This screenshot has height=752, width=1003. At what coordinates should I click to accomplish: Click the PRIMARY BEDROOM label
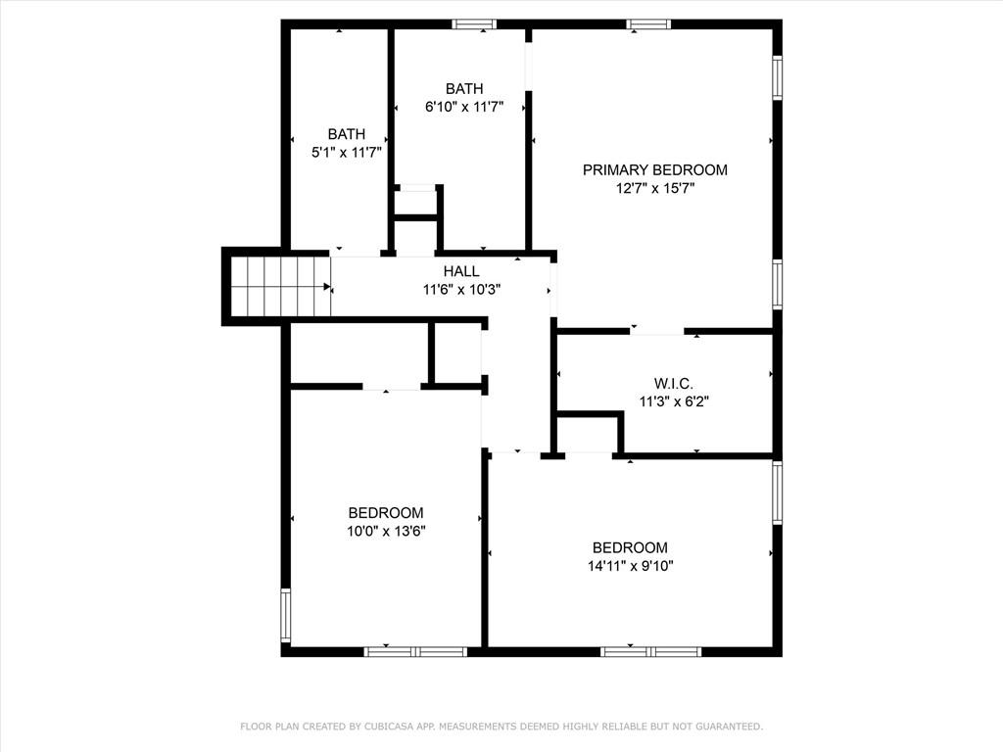[654, 170]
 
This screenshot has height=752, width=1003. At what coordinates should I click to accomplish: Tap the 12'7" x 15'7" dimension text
[654, 188]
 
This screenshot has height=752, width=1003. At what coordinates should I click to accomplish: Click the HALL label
[461, 271]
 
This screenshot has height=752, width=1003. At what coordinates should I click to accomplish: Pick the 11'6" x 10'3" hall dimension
[461, 289]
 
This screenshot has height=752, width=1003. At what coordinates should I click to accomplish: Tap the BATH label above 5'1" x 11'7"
[346, 134]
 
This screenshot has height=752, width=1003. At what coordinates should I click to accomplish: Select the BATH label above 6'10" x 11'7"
[463, 89]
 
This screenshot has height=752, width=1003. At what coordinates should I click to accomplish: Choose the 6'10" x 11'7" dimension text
[463, 107]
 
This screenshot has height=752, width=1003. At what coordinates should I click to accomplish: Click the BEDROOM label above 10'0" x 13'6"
[386, 513]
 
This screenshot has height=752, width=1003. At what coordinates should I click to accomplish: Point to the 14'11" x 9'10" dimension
[630, 565]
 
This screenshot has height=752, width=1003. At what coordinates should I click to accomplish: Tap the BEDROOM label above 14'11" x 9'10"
[630, 547]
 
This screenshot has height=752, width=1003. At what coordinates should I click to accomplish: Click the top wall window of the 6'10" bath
[474, 24]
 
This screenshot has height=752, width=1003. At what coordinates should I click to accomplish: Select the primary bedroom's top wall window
[648, 24]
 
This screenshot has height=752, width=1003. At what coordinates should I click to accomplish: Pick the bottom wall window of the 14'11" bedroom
[651, 650]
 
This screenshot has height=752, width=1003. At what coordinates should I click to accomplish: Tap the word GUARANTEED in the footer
[725, 727]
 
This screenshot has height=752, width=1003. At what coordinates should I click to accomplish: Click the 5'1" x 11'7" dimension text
[346, 152]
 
